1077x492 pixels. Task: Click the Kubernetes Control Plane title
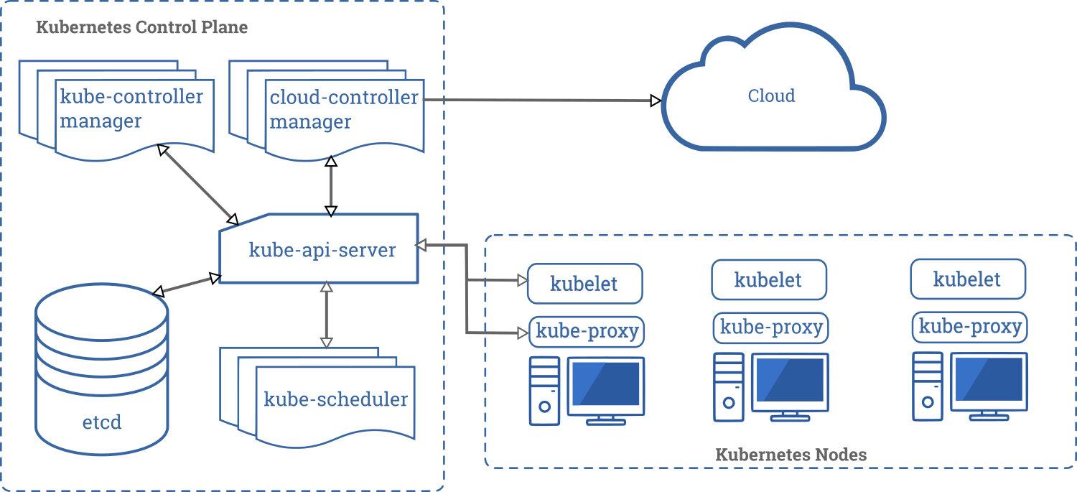pos(141,28)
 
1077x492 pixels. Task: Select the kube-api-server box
pos(322,250)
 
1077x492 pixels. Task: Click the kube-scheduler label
pos(335,399)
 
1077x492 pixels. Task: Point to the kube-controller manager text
pos(131,108)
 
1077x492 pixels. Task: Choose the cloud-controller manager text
pos(343,108)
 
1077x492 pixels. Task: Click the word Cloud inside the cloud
pos(771,96)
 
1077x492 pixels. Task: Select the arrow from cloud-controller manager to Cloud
pos(538,101)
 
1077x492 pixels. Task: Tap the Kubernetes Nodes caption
pos(791,455)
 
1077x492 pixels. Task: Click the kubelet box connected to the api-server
pos(584,283)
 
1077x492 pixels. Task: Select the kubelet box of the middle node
pos(768,279)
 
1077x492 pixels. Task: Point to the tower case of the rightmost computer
pos(926,386)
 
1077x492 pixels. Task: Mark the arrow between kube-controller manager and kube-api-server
pos(198,184)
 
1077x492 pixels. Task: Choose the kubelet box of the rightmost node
pos(967,279)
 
